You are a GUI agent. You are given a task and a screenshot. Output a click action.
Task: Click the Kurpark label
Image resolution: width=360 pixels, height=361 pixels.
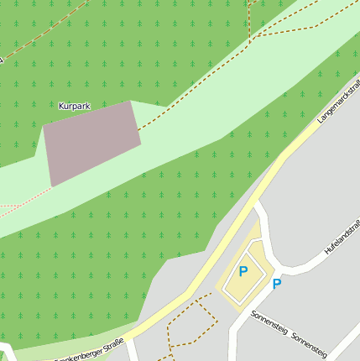point(74,107)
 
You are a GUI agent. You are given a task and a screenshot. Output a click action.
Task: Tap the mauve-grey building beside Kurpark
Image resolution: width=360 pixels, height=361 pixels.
point(91,142)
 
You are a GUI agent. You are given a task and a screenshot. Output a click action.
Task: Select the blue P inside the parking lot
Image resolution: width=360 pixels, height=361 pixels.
point(243,271)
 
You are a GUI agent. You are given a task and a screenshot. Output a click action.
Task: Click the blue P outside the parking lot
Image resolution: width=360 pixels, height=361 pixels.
point(276,284)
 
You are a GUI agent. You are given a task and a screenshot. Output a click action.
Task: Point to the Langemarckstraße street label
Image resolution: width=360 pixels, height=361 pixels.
point(340,100)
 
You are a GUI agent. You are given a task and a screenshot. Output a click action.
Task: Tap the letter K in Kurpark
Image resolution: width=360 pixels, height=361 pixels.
point(61,107)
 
